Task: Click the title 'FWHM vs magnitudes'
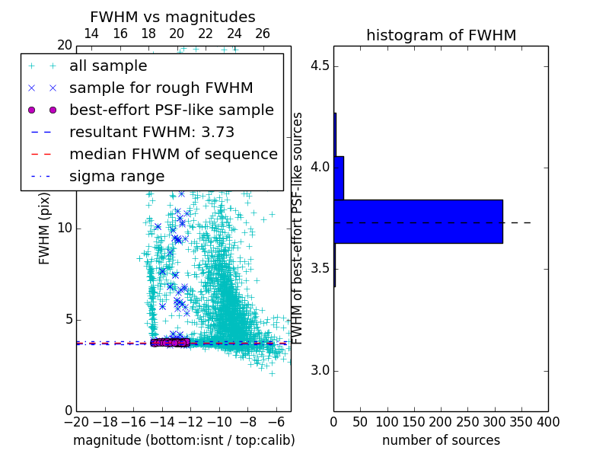pyautogui.click(x=173, y=17)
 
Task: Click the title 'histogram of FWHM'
pyautogui.click(x=441, y=35)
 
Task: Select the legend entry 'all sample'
pyautogui.click(x=108, y=66)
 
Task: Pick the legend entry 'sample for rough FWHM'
pyautogui.click(x=161, y=88)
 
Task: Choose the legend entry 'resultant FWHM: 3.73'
pyautogui.click(x=151, y=132)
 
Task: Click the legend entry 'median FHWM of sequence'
pyautogui.click(x=173, y=154)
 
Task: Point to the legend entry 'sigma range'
pyautogui.click(x=116, y=176)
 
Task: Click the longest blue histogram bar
pyautogui.click(x=418, y=221)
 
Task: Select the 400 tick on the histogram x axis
pyautogui.click(x=548, y=421)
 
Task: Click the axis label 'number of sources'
pyautogui.click(x=441, y=440)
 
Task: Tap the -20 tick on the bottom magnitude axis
pyautogui.click(x=76, y=421)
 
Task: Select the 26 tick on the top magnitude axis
pyautogui.click(x=263, y=34)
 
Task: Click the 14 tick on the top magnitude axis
pyautogui.click(x=91, y=34)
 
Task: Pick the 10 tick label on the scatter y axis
pyautogui.click(x=64, y=228)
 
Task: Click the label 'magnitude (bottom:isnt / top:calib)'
pyautogui.click(x=183, y=440)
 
